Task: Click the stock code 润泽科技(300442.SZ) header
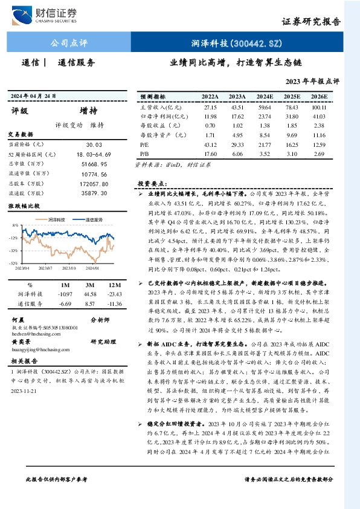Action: point(237,43)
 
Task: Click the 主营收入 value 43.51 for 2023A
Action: point(237,107)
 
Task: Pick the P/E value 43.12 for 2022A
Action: point(210,146)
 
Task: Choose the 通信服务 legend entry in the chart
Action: point(96,219)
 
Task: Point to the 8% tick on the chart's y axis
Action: point(14,225)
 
